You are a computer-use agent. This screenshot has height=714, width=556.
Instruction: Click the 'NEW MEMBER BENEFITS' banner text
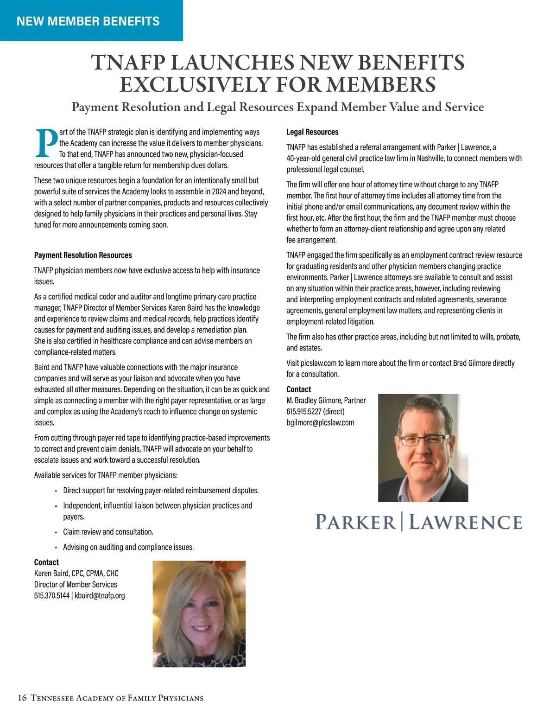(88, 21)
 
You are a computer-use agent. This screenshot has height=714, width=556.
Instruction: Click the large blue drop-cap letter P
(46, 142)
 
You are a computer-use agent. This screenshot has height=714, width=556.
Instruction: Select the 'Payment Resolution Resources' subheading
(83, 255)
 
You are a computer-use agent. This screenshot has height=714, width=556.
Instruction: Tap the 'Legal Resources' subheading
(312, 132)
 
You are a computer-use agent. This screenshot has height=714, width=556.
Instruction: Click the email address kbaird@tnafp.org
(100, 595)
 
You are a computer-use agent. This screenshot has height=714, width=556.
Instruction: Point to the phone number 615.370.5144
(51, 595)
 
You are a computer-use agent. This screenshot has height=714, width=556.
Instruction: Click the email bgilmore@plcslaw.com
(320, 422)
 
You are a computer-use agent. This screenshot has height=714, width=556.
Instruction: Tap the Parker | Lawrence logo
(418, 522)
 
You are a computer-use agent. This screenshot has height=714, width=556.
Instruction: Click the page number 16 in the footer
(22, 698)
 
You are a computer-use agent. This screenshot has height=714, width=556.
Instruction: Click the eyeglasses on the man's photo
(423, 440)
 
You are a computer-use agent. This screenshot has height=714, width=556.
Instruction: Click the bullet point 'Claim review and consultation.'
(108, 532)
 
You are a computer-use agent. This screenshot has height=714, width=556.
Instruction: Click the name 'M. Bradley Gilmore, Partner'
(326, 400)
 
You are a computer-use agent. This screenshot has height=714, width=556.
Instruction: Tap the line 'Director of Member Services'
(76, 584)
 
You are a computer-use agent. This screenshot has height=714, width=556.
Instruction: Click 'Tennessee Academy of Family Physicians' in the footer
(117, 698)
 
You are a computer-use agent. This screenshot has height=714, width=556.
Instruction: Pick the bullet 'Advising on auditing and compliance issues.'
(128, 547)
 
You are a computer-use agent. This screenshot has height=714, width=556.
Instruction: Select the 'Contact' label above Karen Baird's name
(46, 562)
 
